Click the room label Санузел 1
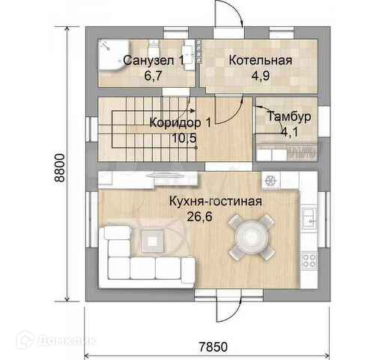(154, 61)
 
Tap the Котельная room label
(261, 61)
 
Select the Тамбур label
(289, 116)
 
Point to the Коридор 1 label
(181, 123)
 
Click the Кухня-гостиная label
(216, 201)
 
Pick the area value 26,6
(200, 217)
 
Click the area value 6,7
(154, 76)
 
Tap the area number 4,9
(261, 76)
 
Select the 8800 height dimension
(60, 168)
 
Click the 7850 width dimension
(213, 346)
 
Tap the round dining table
(252, 237)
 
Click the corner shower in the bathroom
(114, 55)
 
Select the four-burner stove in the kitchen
(309, 261)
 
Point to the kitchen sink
(309, 217)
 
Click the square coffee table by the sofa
(153, 241)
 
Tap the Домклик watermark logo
(56, 340)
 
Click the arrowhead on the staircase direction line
(193, 110)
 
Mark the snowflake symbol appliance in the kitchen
(270, 181)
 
